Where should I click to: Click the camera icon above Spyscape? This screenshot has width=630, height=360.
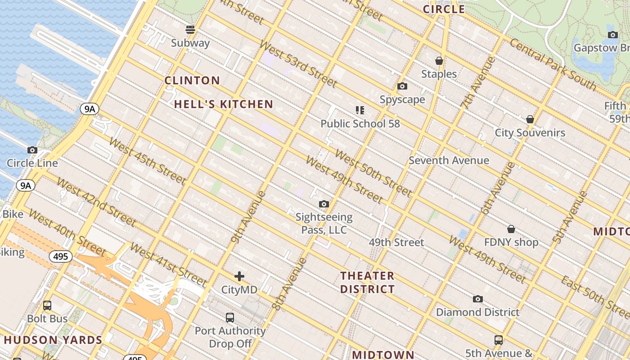point(402,86)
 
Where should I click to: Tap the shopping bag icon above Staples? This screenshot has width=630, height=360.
point(439,61)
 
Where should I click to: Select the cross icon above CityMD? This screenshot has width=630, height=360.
point(239,276)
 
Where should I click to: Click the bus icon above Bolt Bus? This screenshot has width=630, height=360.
point(47,306)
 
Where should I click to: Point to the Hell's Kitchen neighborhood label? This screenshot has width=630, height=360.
point(224,104)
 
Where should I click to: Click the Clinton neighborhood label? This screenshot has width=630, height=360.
point(192,81)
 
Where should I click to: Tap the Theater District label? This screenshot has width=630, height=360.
point(367,283)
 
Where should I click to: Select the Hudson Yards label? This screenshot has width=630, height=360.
point(53,340)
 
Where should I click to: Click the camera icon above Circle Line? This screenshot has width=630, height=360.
point(32,150)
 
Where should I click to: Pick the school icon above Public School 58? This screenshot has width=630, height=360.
point(360,110)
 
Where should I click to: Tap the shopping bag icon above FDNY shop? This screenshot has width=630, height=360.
point(511,229)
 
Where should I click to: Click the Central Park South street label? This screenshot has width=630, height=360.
point(553,64)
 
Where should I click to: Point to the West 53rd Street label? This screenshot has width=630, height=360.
point(298,64)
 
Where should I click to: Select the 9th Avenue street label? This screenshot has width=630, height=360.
point(245,216)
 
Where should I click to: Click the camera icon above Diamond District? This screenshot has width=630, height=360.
point(478,299)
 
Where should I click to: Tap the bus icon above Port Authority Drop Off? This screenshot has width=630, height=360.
point(230,318)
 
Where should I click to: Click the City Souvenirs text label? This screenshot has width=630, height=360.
point(530,133)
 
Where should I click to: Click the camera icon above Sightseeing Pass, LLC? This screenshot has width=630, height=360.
point(324,204)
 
